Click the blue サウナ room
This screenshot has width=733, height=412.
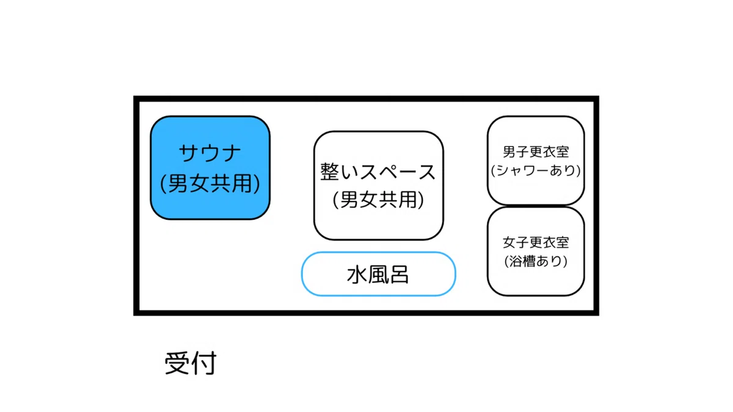click(x=210, y=167)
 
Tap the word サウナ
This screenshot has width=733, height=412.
click(x=210, y=153)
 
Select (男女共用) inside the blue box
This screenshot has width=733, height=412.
click(x=210, y=183)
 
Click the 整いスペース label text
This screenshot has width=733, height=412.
click(x=377, y=172)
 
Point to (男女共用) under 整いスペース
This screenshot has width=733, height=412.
click(x=378, y=200)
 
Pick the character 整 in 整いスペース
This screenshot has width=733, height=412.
click(x=330, y=172)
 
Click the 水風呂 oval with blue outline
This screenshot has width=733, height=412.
click(x=378, y=274)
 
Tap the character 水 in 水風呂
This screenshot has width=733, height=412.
click(x=357, y=275)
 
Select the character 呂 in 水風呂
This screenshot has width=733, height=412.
click(x=399, y=275)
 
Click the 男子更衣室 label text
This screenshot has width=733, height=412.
click(x=536, y=152)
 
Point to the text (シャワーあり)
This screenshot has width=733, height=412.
click(x=536, y=170)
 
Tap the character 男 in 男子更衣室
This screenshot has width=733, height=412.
click(x=509, y=152)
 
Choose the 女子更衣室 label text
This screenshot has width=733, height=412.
click(x=536, y=242)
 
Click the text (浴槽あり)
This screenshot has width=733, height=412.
click(x=536, y=261)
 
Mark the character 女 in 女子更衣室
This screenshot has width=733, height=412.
click(x=509, y=242)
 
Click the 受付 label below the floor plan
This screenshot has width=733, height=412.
click(x=191, y=363)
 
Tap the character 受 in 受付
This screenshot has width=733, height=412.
click(x=177, y=363)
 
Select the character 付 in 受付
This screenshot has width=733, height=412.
click(x=204, y=363)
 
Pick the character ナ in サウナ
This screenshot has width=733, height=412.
click(x=231, y=153)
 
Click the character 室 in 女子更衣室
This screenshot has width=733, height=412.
click(x=563, y=242)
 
